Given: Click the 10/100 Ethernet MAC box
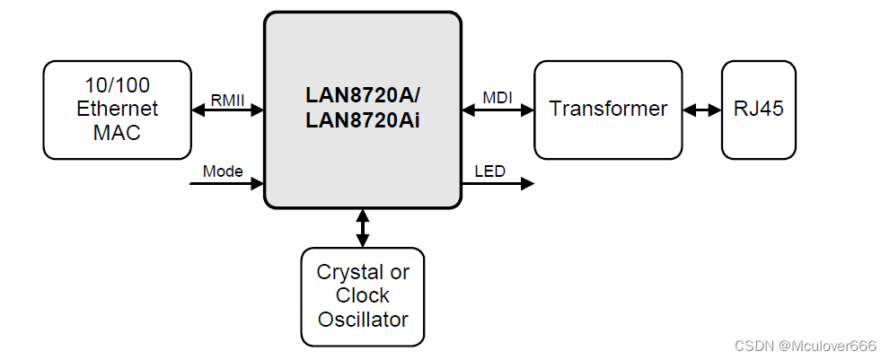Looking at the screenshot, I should [117, 110].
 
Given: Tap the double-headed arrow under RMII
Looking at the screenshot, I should [227, 110].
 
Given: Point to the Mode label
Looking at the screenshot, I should [223, 171].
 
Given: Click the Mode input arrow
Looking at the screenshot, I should [227, 183].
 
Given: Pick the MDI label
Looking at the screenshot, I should [498, 97].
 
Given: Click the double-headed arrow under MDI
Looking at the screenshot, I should [498, 110].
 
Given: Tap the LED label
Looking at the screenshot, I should [489, 171].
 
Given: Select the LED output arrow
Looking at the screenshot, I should [498, 183].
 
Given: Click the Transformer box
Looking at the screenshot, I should [608, 110].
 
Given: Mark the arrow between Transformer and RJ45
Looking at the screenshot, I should [702, 110].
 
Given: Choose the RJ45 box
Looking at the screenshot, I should [759, 110].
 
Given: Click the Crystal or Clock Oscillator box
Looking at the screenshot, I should [363, 296].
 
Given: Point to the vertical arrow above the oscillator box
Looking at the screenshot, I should [363, 228].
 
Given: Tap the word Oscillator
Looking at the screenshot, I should [363, 319].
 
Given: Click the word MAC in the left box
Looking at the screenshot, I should [117, 132].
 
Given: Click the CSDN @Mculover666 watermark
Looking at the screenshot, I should [805, 346].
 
